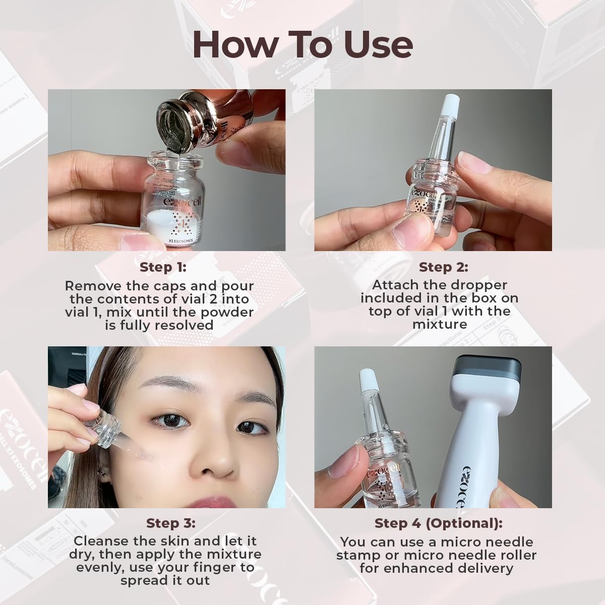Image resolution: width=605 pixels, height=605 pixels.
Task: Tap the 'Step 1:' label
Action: coord(159,267)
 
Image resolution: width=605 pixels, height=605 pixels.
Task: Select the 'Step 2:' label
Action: coord(443,267)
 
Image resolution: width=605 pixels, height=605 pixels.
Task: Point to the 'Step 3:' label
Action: coord(170,523)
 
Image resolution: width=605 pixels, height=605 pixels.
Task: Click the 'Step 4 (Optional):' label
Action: coord(438,523)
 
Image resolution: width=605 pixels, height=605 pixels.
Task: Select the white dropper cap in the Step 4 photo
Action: coord(370,378)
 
